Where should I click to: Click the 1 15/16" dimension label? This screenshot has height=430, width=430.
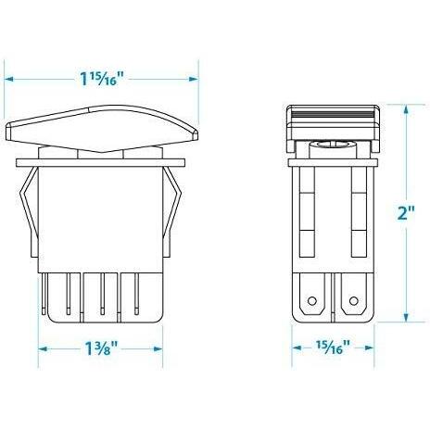coord(102,79)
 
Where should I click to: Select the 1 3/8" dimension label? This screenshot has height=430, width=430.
coord(101,348)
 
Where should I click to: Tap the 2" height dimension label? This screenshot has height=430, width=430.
coord(406,213)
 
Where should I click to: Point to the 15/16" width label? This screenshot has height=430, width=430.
coord(333,348)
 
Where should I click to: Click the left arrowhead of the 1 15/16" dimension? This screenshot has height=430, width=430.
coord(8,79)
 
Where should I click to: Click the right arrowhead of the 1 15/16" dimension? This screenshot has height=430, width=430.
coord(194,79)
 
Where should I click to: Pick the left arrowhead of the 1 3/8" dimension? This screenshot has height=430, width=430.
coord(43,349)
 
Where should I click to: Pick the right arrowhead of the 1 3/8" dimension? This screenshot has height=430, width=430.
coord(158,349)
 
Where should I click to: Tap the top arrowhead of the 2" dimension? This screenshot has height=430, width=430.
coord(406,109)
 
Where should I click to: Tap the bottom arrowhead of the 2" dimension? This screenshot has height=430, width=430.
coord(406,317)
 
